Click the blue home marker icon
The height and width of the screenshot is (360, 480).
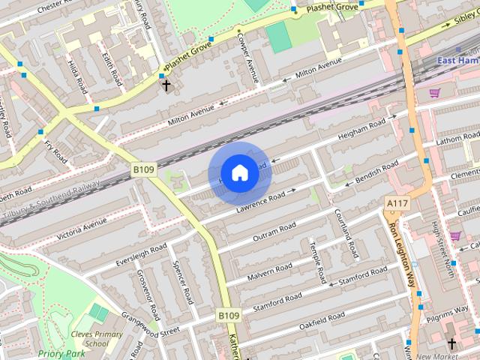click(x=239, y=173)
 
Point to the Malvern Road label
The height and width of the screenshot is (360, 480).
click(x=270, y=270)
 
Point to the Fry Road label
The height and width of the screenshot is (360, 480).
click(x=56, y=151)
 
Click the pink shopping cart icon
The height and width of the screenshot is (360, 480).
click(x=434, y=93)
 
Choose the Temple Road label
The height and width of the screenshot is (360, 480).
click(x=318, y=262)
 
